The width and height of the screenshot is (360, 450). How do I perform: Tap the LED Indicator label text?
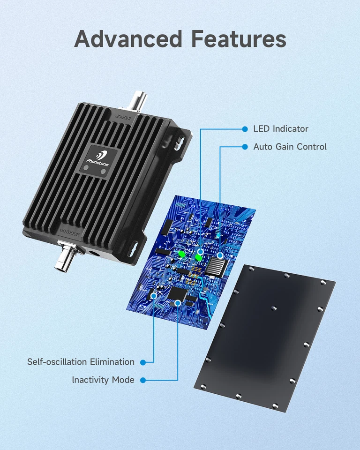coord(281,128)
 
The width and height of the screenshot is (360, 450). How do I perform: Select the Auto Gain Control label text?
coord(290,147)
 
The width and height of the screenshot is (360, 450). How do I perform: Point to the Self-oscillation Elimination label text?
coord(81,362)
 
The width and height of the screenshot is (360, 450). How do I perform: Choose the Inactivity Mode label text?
coord(103,380)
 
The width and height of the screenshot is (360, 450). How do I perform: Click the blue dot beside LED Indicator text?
coord(244,128)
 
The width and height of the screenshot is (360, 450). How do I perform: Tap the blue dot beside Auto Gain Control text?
coord(244,147)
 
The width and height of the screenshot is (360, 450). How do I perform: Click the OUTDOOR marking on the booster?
coord(70,232)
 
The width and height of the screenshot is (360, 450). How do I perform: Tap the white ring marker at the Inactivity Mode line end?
coord(178,303)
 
